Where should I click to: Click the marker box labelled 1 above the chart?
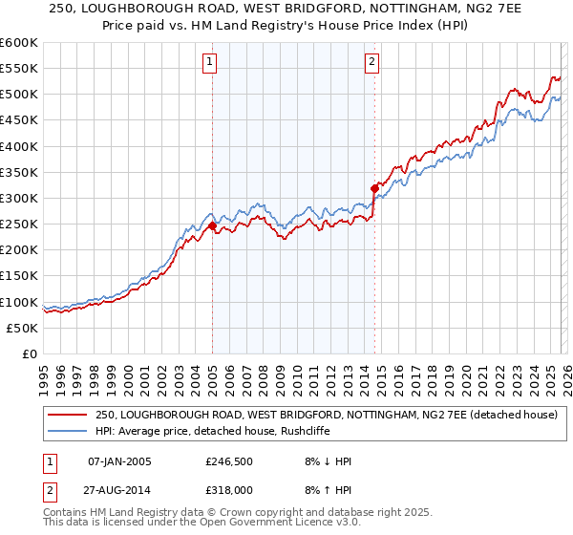click(210, 63)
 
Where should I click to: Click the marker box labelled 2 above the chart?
click(371, 63)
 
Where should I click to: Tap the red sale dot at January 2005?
click(212, 226)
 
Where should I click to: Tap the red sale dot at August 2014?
click(374, 189)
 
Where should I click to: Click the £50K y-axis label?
click(23, 328)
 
